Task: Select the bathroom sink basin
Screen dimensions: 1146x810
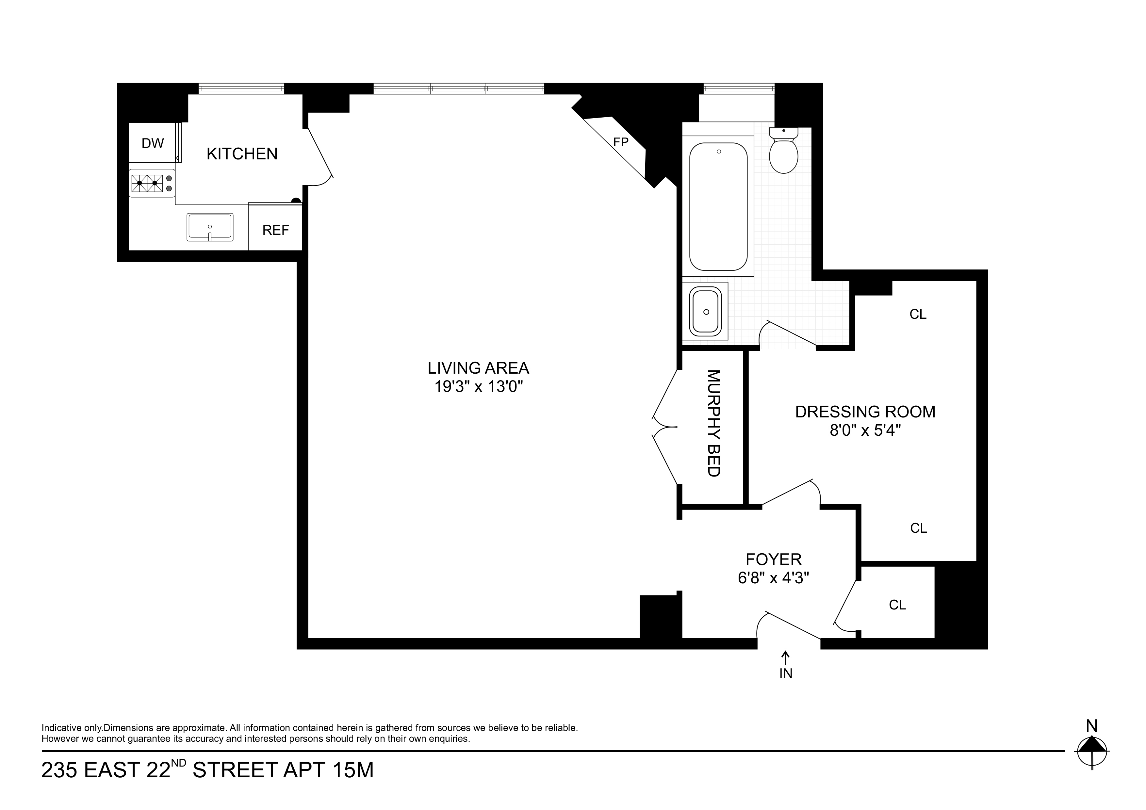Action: point(705,311)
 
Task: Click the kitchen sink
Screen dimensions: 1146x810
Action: point(210,227)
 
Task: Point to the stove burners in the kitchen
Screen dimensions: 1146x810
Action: point(147,183)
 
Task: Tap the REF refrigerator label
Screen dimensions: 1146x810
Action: point(275,230)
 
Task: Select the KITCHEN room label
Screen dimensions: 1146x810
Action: point(242,154)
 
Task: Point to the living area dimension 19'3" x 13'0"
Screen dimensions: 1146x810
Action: point(478,387)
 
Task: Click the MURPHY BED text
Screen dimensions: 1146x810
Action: point(714,423)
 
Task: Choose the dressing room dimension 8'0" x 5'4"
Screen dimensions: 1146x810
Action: point(865,430)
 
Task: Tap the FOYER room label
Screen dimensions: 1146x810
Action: point(774,559)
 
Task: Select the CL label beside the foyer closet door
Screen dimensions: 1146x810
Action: point(897,605)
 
